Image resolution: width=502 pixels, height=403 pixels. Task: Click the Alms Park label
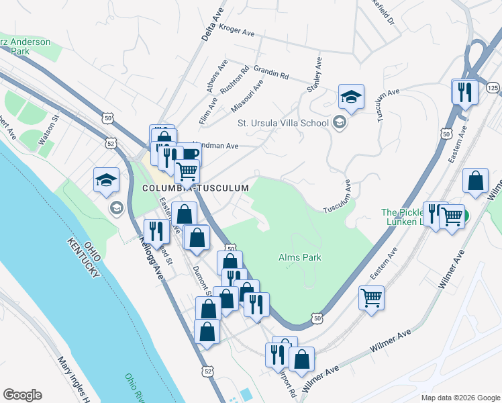300,257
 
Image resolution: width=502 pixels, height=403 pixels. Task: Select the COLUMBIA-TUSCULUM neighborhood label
196,189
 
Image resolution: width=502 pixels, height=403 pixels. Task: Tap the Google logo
22,395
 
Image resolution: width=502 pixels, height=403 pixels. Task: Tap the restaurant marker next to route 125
464,91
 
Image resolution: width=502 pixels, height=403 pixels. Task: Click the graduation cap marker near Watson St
106,181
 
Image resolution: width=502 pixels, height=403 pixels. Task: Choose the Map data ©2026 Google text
460,398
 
